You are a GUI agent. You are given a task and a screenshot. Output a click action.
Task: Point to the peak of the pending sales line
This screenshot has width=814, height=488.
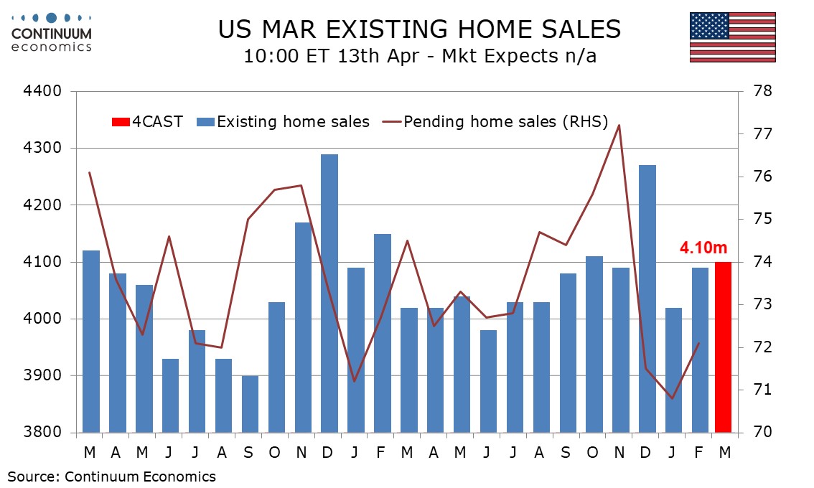tap(619, 126)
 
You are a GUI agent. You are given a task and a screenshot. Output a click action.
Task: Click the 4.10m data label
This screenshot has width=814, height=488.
tap(703, 248)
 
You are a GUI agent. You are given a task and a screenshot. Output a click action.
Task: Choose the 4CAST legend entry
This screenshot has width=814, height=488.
tap(147, 121)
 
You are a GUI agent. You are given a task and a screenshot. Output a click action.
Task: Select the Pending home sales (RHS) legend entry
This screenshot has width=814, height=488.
tap(495, 121)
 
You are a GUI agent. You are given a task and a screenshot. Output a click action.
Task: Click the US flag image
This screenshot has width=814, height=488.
tap(732, 37)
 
